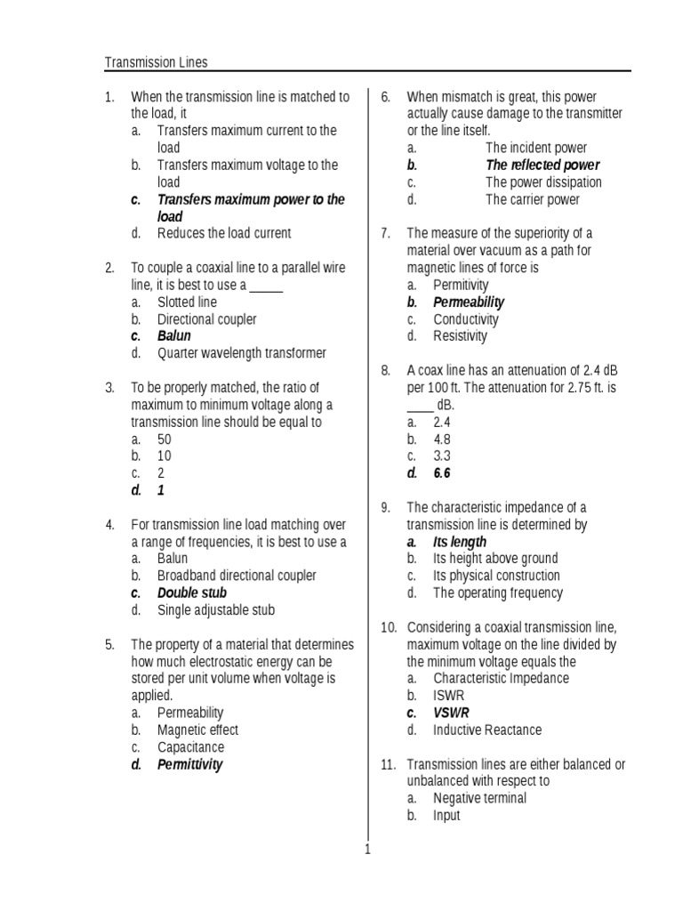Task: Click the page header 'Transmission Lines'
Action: coord(157,62)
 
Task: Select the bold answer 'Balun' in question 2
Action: coord(174,336)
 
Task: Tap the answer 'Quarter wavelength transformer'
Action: coord(242,353)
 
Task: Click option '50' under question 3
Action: coord(165,439)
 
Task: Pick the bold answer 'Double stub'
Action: coord(192,593)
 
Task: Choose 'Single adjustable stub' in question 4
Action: coord(216,610)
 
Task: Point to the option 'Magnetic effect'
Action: coord(197,730)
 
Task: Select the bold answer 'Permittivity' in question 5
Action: coord(190,765)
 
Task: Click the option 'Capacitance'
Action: coord(191,747)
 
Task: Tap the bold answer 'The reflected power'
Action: coord(542,165)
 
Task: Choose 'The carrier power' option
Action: coord(533,199)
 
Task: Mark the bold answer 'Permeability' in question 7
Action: coord(469,302)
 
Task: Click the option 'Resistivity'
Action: coord(461,336)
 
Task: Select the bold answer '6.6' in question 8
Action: coord(442,474)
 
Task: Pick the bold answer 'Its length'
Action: coord(460,542)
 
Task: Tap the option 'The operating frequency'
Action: coord(498,593)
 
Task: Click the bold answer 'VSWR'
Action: coord(451,713)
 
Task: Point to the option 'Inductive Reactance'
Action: coord(487,730)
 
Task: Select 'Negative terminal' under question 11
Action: coord(479,799)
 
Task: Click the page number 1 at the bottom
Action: coord(366,850)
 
